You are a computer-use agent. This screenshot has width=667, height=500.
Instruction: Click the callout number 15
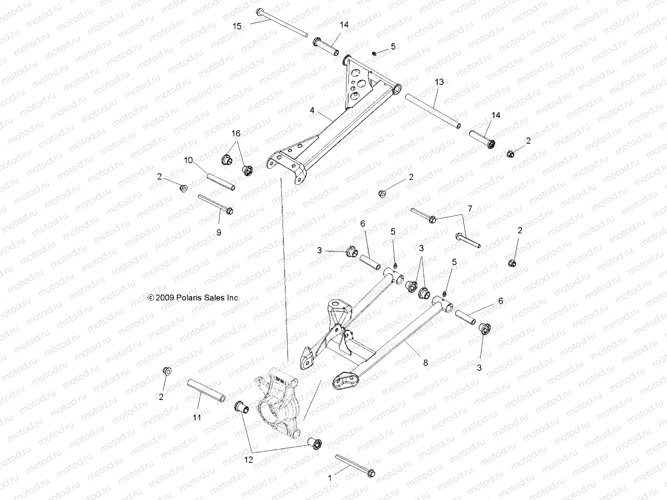(237, 26)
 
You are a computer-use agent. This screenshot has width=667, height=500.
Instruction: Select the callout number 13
(439, 82)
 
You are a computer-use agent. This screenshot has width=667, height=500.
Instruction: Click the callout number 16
(236, 133)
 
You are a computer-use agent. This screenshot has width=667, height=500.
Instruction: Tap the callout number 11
(197, 417)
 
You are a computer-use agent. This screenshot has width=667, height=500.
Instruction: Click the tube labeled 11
(207, 390)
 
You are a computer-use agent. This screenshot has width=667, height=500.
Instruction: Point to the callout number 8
(426, 363)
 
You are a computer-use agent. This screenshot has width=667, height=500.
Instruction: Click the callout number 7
(470, 208)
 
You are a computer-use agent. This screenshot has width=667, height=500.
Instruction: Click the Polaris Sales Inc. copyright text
(194, 298)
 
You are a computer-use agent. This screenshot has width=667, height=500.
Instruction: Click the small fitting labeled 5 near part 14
(374, 53)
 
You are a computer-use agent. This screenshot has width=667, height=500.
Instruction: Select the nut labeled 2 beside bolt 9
(183, 188)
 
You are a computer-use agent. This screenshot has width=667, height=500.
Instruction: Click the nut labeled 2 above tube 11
(167, 370)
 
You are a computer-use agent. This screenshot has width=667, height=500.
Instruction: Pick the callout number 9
(218, 232)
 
